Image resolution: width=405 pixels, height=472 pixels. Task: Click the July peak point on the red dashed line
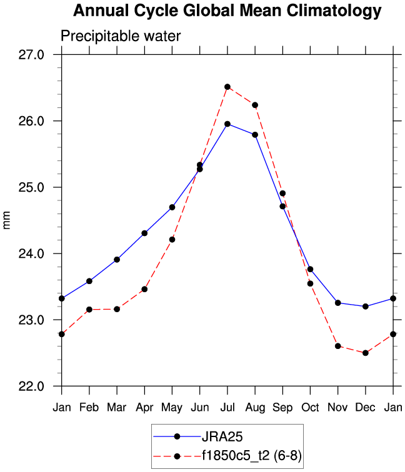coord(227,87)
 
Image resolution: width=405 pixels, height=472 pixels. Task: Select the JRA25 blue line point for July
coord(227,124)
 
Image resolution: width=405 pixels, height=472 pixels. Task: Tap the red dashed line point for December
coord(365,353)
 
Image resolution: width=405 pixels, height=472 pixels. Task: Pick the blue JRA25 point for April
coord(144,233)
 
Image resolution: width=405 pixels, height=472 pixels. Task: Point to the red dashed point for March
coord(117,309)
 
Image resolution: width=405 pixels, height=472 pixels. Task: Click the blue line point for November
coord(337,303)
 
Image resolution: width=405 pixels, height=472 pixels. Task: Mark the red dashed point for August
coord(255,105)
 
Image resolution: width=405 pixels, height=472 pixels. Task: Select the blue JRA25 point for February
coord(89,281)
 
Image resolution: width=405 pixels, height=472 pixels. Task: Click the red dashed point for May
coord(172,240)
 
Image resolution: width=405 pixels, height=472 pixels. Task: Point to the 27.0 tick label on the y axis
coord(31,55)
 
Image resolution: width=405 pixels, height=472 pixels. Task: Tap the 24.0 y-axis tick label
coord(31,254)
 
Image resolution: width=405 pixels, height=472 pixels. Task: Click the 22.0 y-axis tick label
coord(31,386)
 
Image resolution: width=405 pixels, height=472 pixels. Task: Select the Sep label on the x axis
coord(282,407)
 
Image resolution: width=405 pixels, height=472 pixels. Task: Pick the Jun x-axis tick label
coord(199,407)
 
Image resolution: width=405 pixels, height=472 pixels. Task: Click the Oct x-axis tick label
coord(310,407)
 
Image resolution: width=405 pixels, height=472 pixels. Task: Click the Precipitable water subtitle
coord(120,36)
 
